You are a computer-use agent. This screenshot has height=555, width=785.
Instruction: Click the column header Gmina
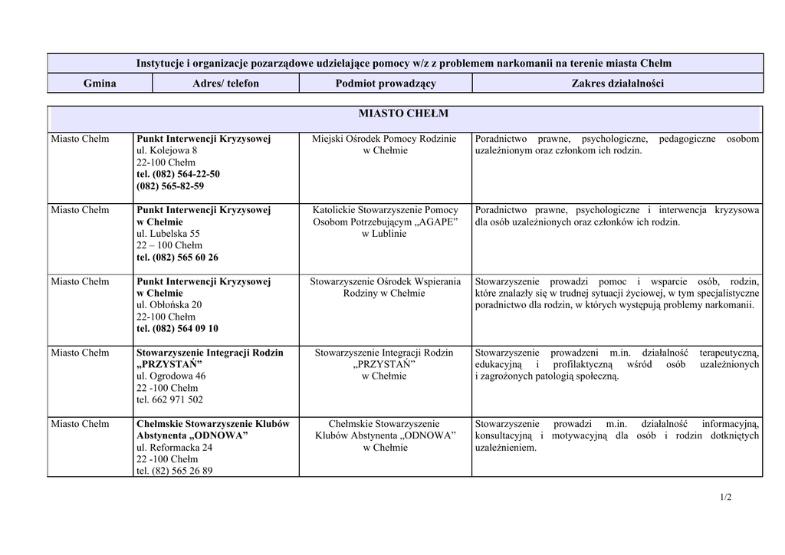coord(100,84)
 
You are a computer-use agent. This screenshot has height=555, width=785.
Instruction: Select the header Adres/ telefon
coord(225,84)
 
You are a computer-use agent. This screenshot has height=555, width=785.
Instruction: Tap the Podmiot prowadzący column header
coord(386,84)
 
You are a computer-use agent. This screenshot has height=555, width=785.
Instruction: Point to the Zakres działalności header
coord(618,84)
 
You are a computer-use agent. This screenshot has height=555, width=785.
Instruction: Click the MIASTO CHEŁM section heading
coord(403,114)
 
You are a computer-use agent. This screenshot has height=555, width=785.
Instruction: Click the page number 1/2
coord(725,498)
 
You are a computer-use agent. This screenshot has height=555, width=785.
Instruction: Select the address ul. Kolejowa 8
coord(166,151)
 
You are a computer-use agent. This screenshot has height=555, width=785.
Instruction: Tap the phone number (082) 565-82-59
coord(170,186)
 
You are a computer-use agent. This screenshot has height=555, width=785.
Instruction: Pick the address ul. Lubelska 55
coord(168,234)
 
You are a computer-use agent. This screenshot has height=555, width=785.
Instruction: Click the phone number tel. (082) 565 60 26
coord(177,258)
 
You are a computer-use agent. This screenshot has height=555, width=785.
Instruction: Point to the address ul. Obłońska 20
coord(169,305)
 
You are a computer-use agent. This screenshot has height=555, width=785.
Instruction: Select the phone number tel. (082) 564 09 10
coord(177,329)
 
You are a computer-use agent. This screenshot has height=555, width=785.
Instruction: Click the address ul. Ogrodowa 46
coord(171,376)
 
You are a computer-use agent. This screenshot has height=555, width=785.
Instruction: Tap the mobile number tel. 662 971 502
coord(169,400)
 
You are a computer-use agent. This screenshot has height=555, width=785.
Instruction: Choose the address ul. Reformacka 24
coord(174,448)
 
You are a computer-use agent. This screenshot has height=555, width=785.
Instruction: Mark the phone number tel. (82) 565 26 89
coord(174,471)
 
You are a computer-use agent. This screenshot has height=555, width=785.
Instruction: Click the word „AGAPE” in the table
coord(435,222)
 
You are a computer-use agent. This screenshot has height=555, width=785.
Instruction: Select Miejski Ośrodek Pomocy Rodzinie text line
coord(384,140)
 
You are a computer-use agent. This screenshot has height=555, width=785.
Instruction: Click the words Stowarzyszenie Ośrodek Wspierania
coord(386,282)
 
